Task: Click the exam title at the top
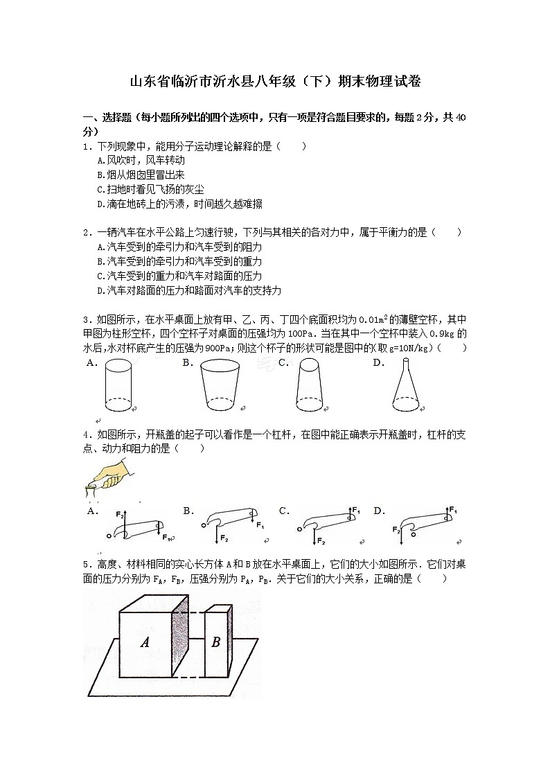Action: pyautogui.click(x=275, y=82)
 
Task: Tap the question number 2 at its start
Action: pyautogui.click(x=86, y=233)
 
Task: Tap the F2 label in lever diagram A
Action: pyautogui.click(x=119, y=515)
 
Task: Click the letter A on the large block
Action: pyautogui.click(x=145, y=642)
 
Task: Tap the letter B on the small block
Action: pyautogui.click(x=215, y=642)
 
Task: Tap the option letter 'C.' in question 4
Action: pyautogui.click(x=284, y=511)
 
